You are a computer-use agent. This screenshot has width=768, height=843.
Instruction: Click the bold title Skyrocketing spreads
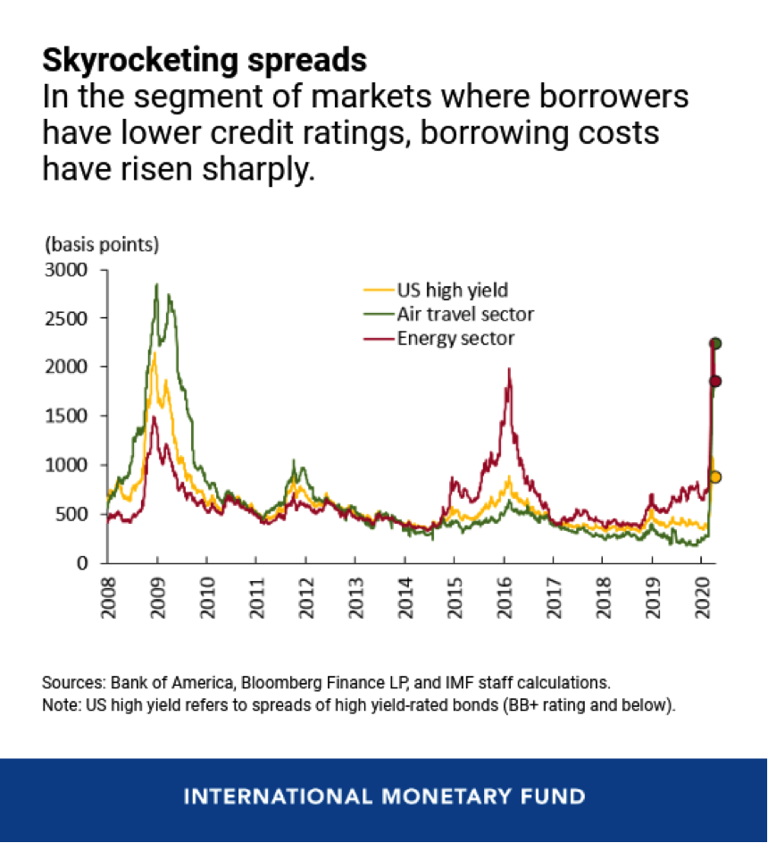[205, 61]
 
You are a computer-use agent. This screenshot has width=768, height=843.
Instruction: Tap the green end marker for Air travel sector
[715, 343]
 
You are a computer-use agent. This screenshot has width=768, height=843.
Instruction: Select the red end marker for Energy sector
[715, 382]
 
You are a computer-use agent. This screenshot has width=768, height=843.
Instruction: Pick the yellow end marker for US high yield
[715, 476]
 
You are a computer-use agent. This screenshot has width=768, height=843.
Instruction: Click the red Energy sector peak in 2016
[509, 368]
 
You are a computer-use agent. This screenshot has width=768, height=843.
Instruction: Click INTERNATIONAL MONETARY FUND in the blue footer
[384, 796]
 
